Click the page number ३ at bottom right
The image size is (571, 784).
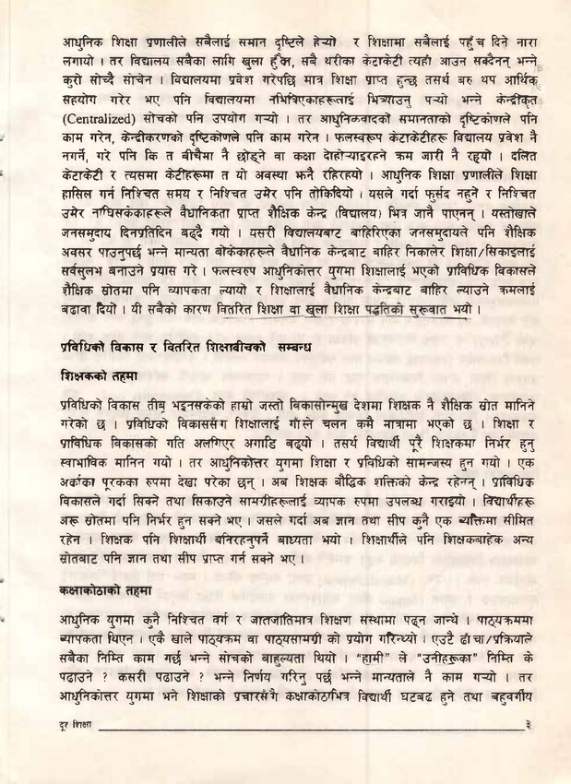click(x=526, y=752)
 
